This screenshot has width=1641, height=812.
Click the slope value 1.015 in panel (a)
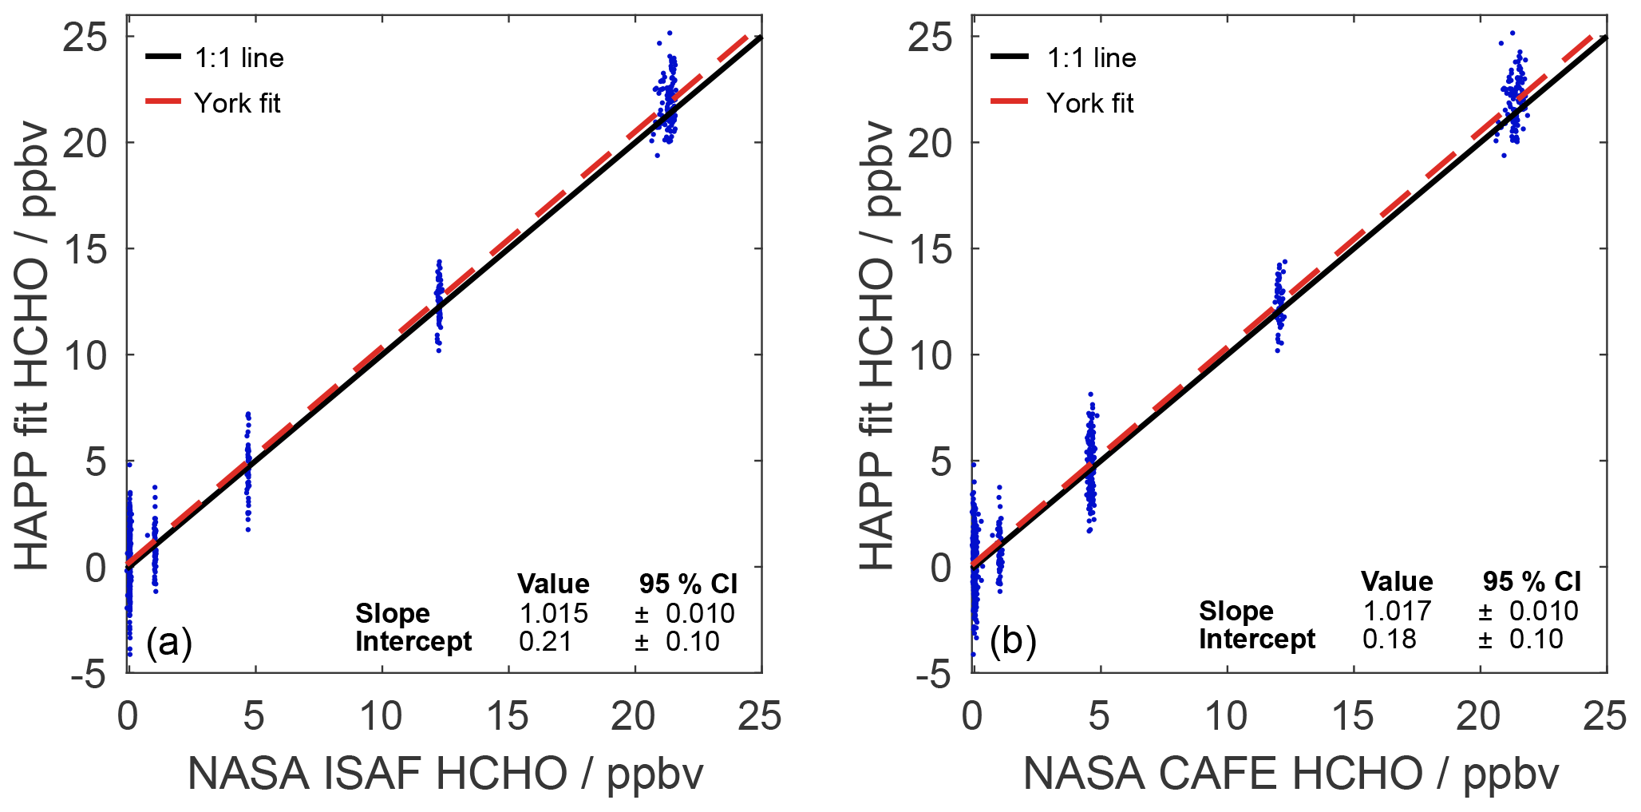553,613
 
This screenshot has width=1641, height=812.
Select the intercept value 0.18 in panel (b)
1389,639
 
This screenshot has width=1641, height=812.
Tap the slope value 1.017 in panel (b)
1397,611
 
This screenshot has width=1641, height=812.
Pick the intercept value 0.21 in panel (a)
545,641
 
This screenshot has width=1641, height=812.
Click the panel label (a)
169,642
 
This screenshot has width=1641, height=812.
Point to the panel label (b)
1013,640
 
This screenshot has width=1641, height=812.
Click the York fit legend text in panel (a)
237,103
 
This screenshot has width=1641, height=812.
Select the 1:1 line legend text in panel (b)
1091,57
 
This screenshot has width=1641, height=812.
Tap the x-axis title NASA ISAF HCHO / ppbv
445,774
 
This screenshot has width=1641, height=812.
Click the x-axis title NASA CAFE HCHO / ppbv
1291,774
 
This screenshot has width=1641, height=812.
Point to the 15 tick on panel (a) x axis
508,716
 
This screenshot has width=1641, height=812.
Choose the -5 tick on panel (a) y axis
89,675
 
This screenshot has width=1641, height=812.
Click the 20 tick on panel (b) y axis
930,144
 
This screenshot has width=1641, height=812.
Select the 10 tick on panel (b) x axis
1225,716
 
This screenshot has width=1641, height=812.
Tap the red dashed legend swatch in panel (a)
164,102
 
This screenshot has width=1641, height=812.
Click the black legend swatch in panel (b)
1009,57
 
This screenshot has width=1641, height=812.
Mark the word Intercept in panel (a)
413,641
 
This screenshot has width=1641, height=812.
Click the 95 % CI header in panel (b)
1532,581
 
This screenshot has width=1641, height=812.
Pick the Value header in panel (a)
553,584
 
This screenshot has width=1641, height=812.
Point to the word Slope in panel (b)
1236,611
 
